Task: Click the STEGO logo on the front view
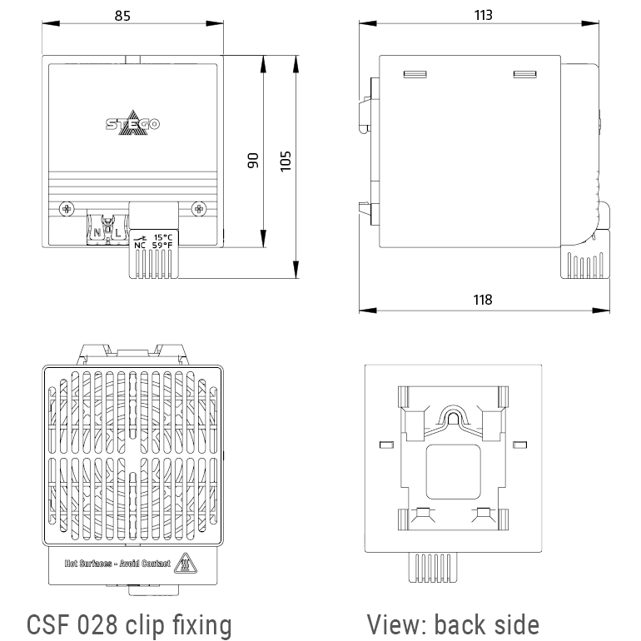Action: click(132, 124)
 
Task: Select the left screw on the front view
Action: click(67, 207)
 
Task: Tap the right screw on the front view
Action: click(197, 207)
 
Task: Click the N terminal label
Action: click(97, 233)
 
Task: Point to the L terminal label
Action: click(117, 233)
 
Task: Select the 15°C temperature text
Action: click(162, 236)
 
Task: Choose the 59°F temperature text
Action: click(162, 246)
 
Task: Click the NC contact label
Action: click(139, 246)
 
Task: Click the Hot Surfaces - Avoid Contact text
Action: click(117, 564)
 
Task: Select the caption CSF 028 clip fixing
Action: click(129, 624)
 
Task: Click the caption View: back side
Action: click(453, 624)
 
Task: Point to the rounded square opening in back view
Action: click(453, 471)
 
